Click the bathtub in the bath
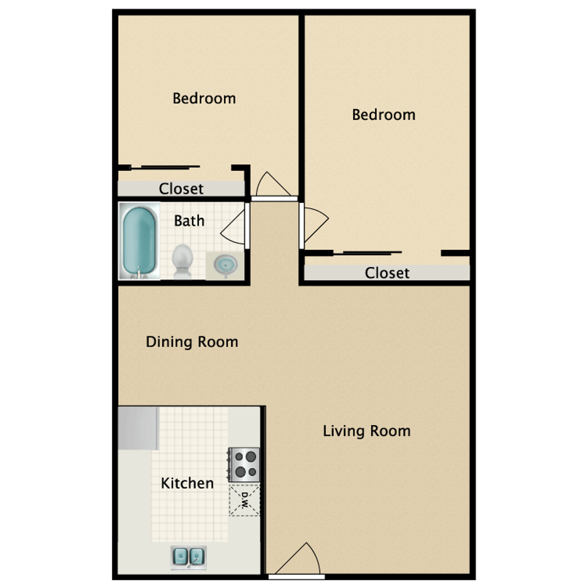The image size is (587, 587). tap(139, 241)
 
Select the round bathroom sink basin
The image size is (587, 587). tap(226, 265)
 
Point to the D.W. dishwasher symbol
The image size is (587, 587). tap(245, 500)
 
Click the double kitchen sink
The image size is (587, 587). tap(188, 558)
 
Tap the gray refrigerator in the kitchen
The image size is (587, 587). tap(138, 428)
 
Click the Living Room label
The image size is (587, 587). tap(367, 431)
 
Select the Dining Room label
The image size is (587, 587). tap(192, 342)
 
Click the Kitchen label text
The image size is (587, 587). tap(187, 483)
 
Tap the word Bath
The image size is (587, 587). tap(189, 221)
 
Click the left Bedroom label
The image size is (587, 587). tap(204, 98)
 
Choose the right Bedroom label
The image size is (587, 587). tap(383, 115)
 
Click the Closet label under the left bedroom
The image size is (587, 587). tap(181, 189)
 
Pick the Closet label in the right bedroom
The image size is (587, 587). tap(387, 273)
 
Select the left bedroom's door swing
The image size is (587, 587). tap(271, 185)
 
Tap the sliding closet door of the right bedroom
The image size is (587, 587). tap(367, 253)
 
